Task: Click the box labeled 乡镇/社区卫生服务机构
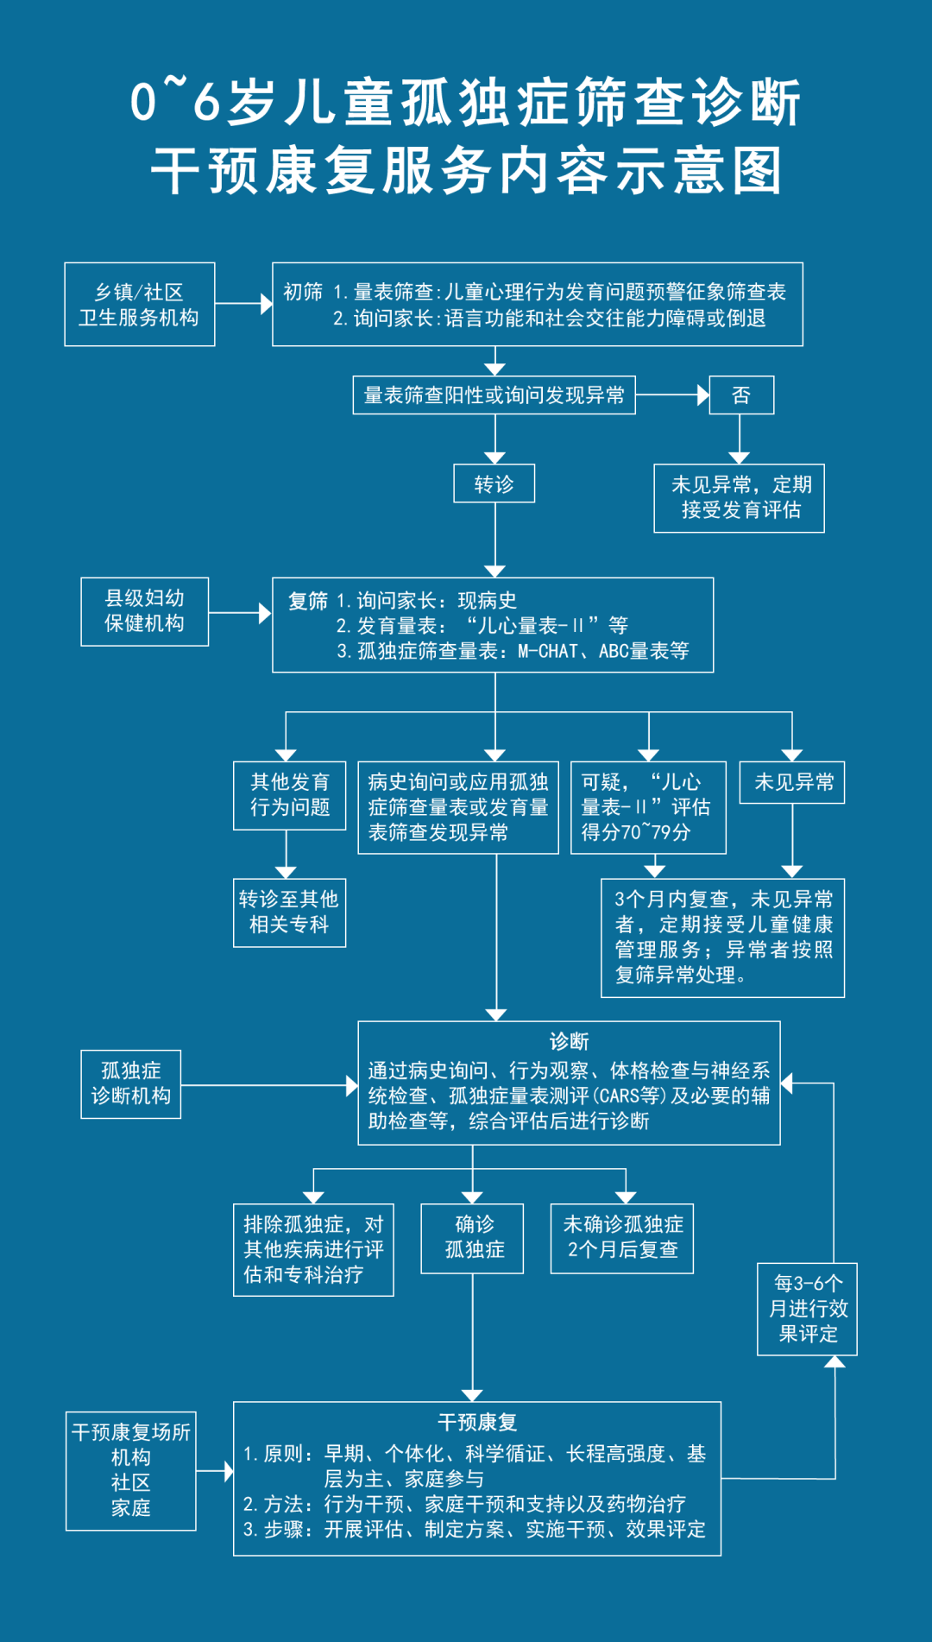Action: pos(139,305)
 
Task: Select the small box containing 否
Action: pos(741,395)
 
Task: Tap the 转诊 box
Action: pos(494,483)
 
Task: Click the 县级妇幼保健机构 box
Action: pos(144,611)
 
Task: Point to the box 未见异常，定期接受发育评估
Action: pos(740,498)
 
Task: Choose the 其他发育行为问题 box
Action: pos(289,795)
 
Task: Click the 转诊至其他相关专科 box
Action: pos(289,913)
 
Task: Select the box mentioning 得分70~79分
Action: pos(648,807)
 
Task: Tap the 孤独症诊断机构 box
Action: pos(131,1083)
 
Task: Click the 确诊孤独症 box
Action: pos(473,1238)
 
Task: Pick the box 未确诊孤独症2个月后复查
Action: pos(622,1238)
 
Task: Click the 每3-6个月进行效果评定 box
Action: pos(807,1309)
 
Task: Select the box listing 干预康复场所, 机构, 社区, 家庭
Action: pos(131,1471)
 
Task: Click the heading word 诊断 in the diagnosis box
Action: pos(570,1042)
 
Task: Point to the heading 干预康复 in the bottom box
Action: pos(476,1422)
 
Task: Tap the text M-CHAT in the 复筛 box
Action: pos(547,652)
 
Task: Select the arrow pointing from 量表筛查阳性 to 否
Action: pos(672,395)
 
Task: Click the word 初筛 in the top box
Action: pos(303,292)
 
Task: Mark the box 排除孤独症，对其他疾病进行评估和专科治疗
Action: pos(313,1249)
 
